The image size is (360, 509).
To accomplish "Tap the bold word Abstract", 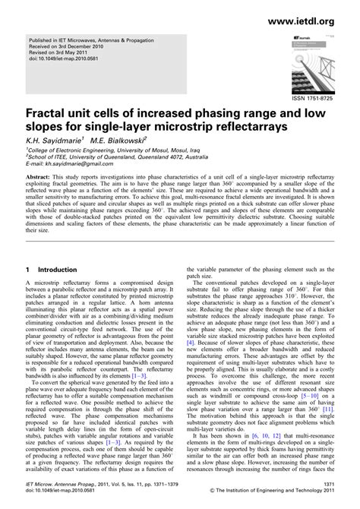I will point(43,175).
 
